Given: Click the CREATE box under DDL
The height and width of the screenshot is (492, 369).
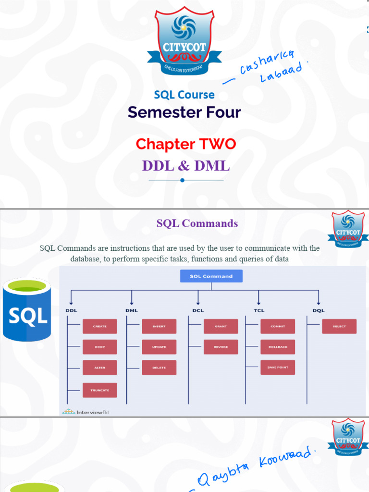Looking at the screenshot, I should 99,326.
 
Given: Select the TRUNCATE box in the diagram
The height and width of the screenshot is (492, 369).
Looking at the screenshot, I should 99,390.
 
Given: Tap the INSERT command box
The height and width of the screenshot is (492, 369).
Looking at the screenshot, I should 159,326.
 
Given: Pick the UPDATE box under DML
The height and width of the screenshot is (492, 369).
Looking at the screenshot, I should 159,347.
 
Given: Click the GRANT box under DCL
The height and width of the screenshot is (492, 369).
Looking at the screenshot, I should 221,326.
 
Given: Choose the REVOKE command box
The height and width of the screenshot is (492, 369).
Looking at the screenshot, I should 221,347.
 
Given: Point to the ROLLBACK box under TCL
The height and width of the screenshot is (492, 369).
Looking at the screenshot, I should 278,347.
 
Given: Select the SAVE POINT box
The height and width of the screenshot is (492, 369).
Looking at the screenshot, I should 278,368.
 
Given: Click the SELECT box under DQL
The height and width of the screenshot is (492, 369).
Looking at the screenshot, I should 339,326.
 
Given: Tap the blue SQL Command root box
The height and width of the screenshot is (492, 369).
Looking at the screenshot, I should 211,276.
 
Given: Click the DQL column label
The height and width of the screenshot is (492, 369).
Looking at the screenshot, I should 318,310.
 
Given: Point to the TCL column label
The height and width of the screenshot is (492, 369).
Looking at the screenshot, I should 259,310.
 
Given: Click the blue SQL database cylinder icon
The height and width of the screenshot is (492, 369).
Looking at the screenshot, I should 27,310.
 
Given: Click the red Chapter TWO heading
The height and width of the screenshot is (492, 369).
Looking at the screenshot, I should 185,144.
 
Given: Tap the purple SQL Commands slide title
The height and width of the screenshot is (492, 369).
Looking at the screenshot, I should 197,223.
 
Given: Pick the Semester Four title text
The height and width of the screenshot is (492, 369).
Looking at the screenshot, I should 184,112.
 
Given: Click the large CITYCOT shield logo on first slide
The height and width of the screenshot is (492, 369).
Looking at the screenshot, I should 185,41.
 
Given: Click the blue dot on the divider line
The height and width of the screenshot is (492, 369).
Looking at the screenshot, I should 182,180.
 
